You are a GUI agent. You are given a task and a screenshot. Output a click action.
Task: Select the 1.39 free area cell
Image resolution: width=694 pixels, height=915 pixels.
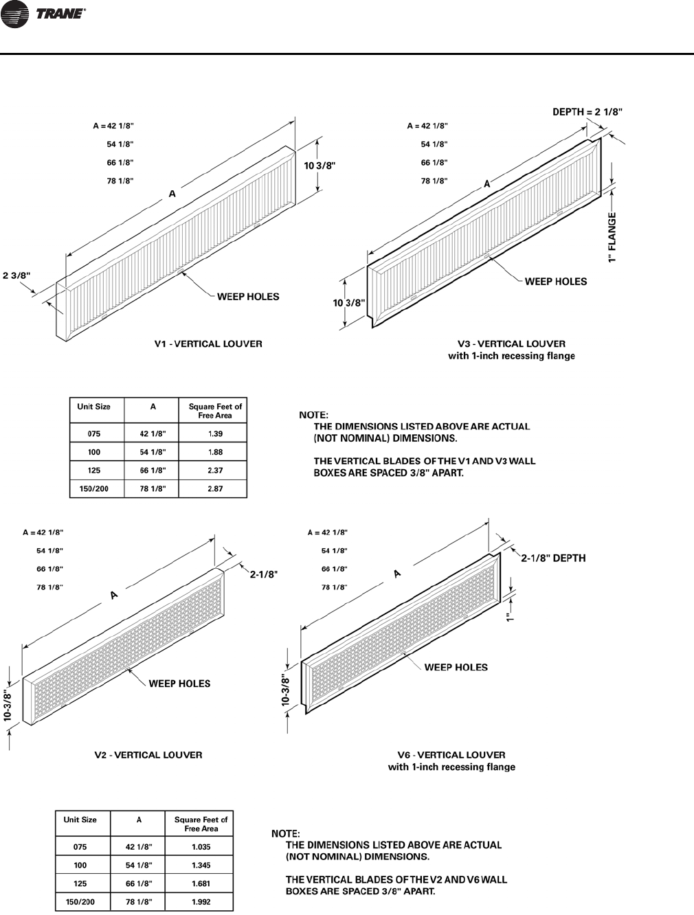tap(214, 434)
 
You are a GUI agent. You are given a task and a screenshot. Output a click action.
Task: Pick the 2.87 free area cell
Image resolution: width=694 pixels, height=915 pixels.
tap(214, 488)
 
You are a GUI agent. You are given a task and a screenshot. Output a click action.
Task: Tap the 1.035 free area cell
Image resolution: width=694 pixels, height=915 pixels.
tap(201, 847)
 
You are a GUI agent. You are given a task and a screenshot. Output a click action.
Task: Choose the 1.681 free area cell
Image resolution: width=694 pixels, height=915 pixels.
tap(201, 883)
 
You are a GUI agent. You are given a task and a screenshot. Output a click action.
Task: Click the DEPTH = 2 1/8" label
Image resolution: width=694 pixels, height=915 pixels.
tap(587, 112)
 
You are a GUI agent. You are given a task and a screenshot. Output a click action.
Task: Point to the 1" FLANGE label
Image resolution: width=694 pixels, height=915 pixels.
tap(612, 237)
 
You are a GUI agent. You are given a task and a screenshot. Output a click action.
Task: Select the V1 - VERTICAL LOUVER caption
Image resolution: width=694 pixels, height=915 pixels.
tap(208, 343)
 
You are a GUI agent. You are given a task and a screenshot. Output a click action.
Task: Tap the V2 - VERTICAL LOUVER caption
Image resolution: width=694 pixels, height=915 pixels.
tap(148, 755)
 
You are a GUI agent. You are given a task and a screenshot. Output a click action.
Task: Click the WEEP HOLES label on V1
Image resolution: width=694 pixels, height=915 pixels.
tap(248, 297)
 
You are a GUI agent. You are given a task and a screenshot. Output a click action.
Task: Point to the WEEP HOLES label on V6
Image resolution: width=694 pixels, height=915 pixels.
tap(456, 667)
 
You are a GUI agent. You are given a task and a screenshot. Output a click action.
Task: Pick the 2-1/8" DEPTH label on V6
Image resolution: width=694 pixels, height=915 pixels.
tap(553, 558)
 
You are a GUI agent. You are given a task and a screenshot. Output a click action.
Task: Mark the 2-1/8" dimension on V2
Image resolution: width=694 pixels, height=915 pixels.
tap(263, 574)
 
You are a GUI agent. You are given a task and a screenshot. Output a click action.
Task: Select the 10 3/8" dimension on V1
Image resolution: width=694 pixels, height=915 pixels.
tap(320, 166)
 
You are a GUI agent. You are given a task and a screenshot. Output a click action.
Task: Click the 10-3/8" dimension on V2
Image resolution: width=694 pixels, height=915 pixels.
tap(9, 704)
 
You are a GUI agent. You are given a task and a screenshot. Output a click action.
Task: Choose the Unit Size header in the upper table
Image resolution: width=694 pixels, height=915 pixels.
tap(94, 407)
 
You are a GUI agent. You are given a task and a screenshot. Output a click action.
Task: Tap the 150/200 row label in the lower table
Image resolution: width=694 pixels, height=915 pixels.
tap(80, 902)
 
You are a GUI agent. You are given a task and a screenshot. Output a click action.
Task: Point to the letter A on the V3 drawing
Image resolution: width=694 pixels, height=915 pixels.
tap(486, 183)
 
